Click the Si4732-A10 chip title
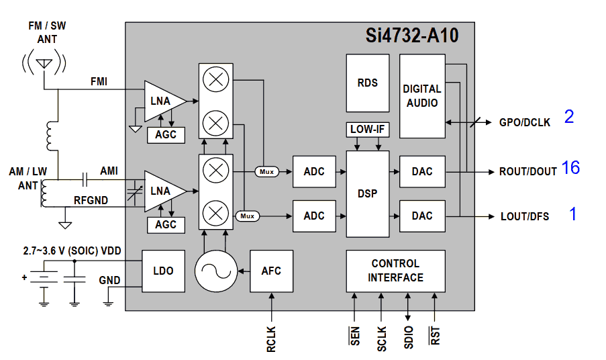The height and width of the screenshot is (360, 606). point(412,36)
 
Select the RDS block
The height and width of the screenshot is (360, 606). point(367,83)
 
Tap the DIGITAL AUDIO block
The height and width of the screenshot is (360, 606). point(422,95)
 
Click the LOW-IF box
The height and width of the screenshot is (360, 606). point(367,128)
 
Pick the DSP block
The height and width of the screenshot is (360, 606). point(367,193)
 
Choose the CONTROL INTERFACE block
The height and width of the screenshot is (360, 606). point(395,271)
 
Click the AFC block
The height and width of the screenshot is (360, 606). point(271,271)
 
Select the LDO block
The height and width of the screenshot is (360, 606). point(163,271)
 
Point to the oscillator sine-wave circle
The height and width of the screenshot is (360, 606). point(215,271)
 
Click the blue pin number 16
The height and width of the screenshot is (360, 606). point(570,168)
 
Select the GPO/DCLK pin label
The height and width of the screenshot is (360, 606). point(525,123)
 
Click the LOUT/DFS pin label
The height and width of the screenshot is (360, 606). point(525,216)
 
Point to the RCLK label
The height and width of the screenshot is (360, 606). point(271,339)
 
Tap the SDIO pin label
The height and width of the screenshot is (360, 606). point(409,336)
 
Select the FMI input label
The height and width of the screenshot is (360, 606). point(98,82)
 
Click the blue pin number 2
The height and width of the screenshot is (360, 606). point(569,117)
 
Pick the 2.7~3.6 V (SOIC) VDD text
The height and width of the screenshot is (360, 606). point(71,251)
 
